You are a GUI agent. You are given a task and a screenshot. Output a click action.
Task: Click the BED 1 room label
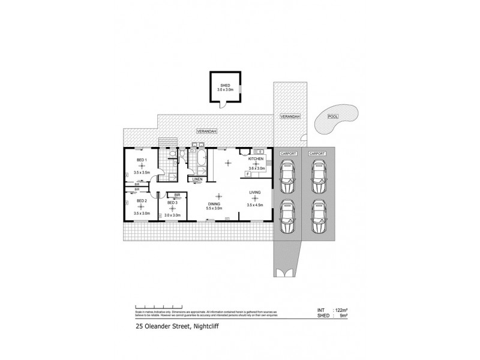pyautogui.click(x=142, y=160)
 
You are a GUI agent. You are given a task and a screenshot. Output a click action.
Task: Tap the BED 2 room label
pyautogui.click(x=142, y=200)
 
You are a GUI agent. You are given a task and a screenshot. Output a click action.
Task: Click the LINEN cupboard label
pyautogui.click(x=197, y=179)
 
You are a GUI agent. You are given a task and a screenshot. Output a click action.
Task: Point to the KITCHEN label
pyautogui.click(x=256, y=158)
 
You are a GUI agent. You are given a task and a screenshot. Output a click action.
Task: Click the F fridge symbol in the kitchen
pyautogui.click(x=247, y=173)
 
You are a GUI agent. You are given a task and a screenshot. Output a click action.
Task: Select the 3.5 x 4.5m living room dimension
pyautogui.click(x=255, y=206)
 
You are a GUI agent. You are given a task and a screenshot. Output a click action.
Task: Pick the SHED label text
pyautogui.click(x=225, y=85)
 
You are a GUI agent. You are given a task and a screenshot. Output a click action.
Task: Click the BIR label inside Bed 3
pyautogui.click(x=178, y=195)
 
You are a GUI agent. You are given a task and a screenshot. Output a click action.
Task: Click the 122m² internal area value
pyautogui.click(x=340, y=310)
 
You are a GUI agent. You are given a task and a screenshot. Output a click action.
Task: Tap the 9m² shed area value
pyautogui.click(x=343, y=316)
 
